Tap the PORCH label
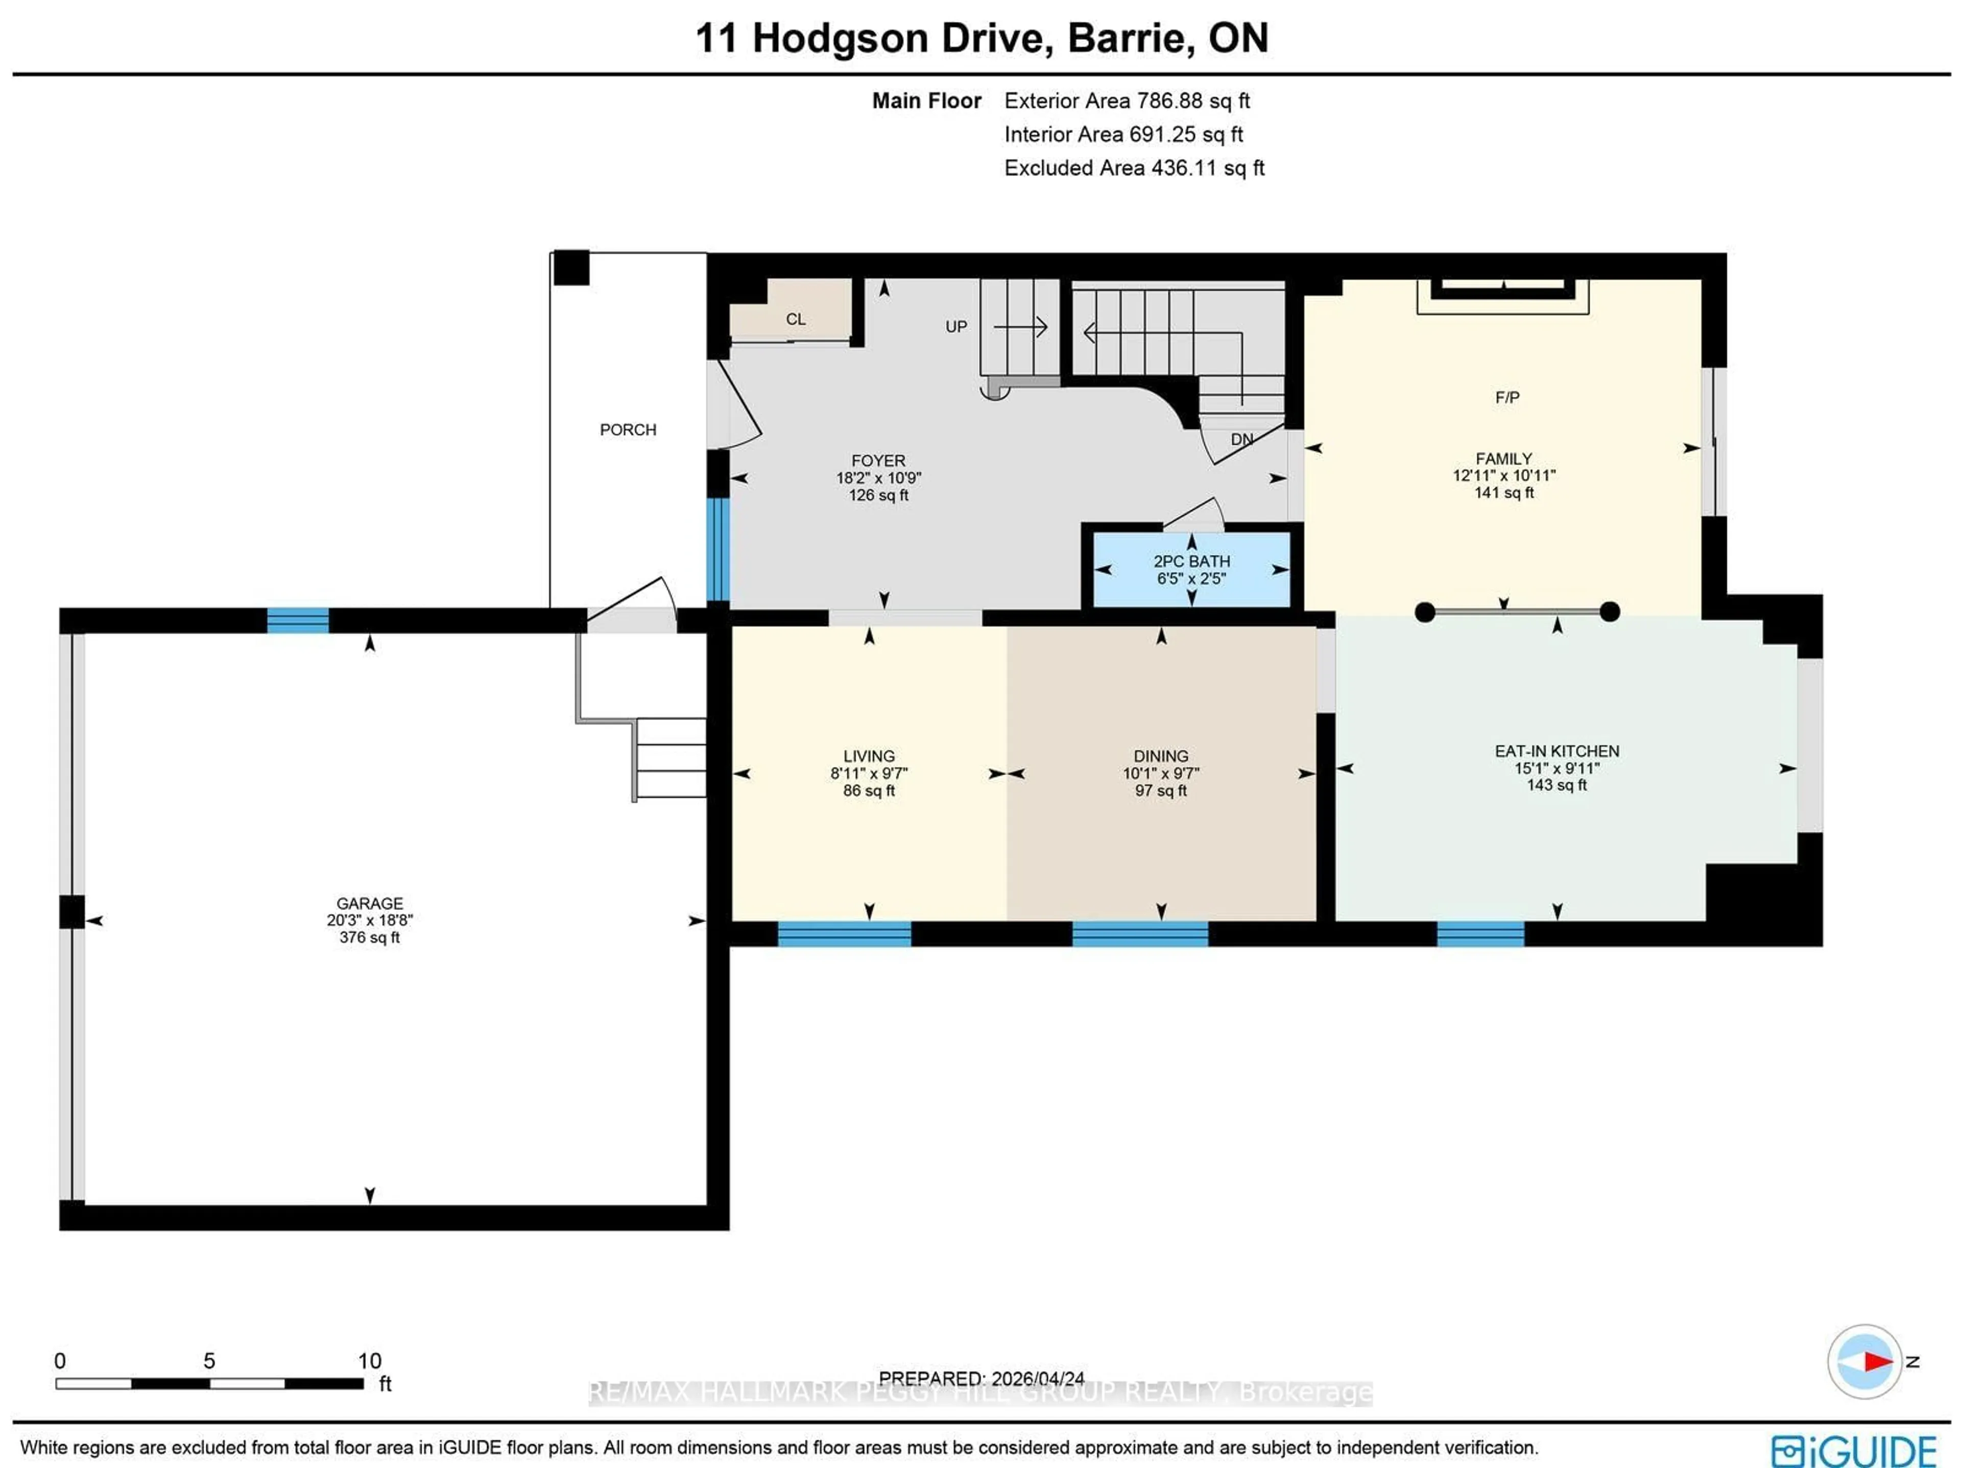628,430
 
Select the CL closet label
795,319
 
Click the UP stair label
955,326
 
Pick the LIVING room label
868,756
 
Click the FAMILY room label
1503,459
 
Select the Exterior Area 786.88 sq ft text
1126,101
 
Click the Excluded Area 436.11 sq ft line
1133,169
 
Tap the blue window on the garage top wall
298,620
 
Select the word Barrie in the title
1124,38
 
